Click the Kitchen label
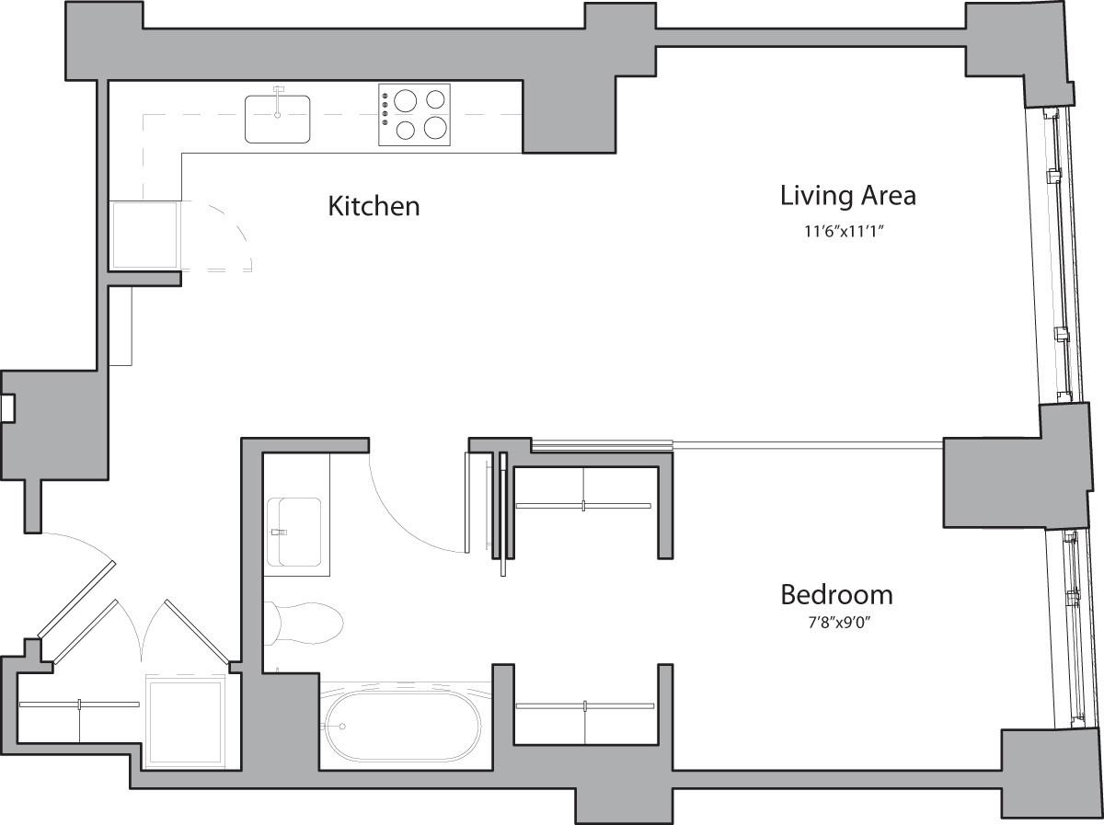point(374,206)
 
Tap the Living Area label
point(847,196)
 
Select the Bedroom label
point(836,594)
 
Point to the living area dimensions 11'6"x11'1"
point(846,232)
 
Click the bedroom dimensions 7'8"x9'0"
point(836,624)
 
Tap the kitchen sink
point(277,120)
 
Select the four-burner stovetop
point(415,114)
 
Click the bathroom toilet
point(304,623)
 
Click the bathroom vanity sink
point(294,533)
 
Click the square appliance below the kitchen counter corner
point(144,235)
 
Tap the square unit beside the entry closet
point(186,722)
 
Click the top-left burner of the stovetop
point(405,98)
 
